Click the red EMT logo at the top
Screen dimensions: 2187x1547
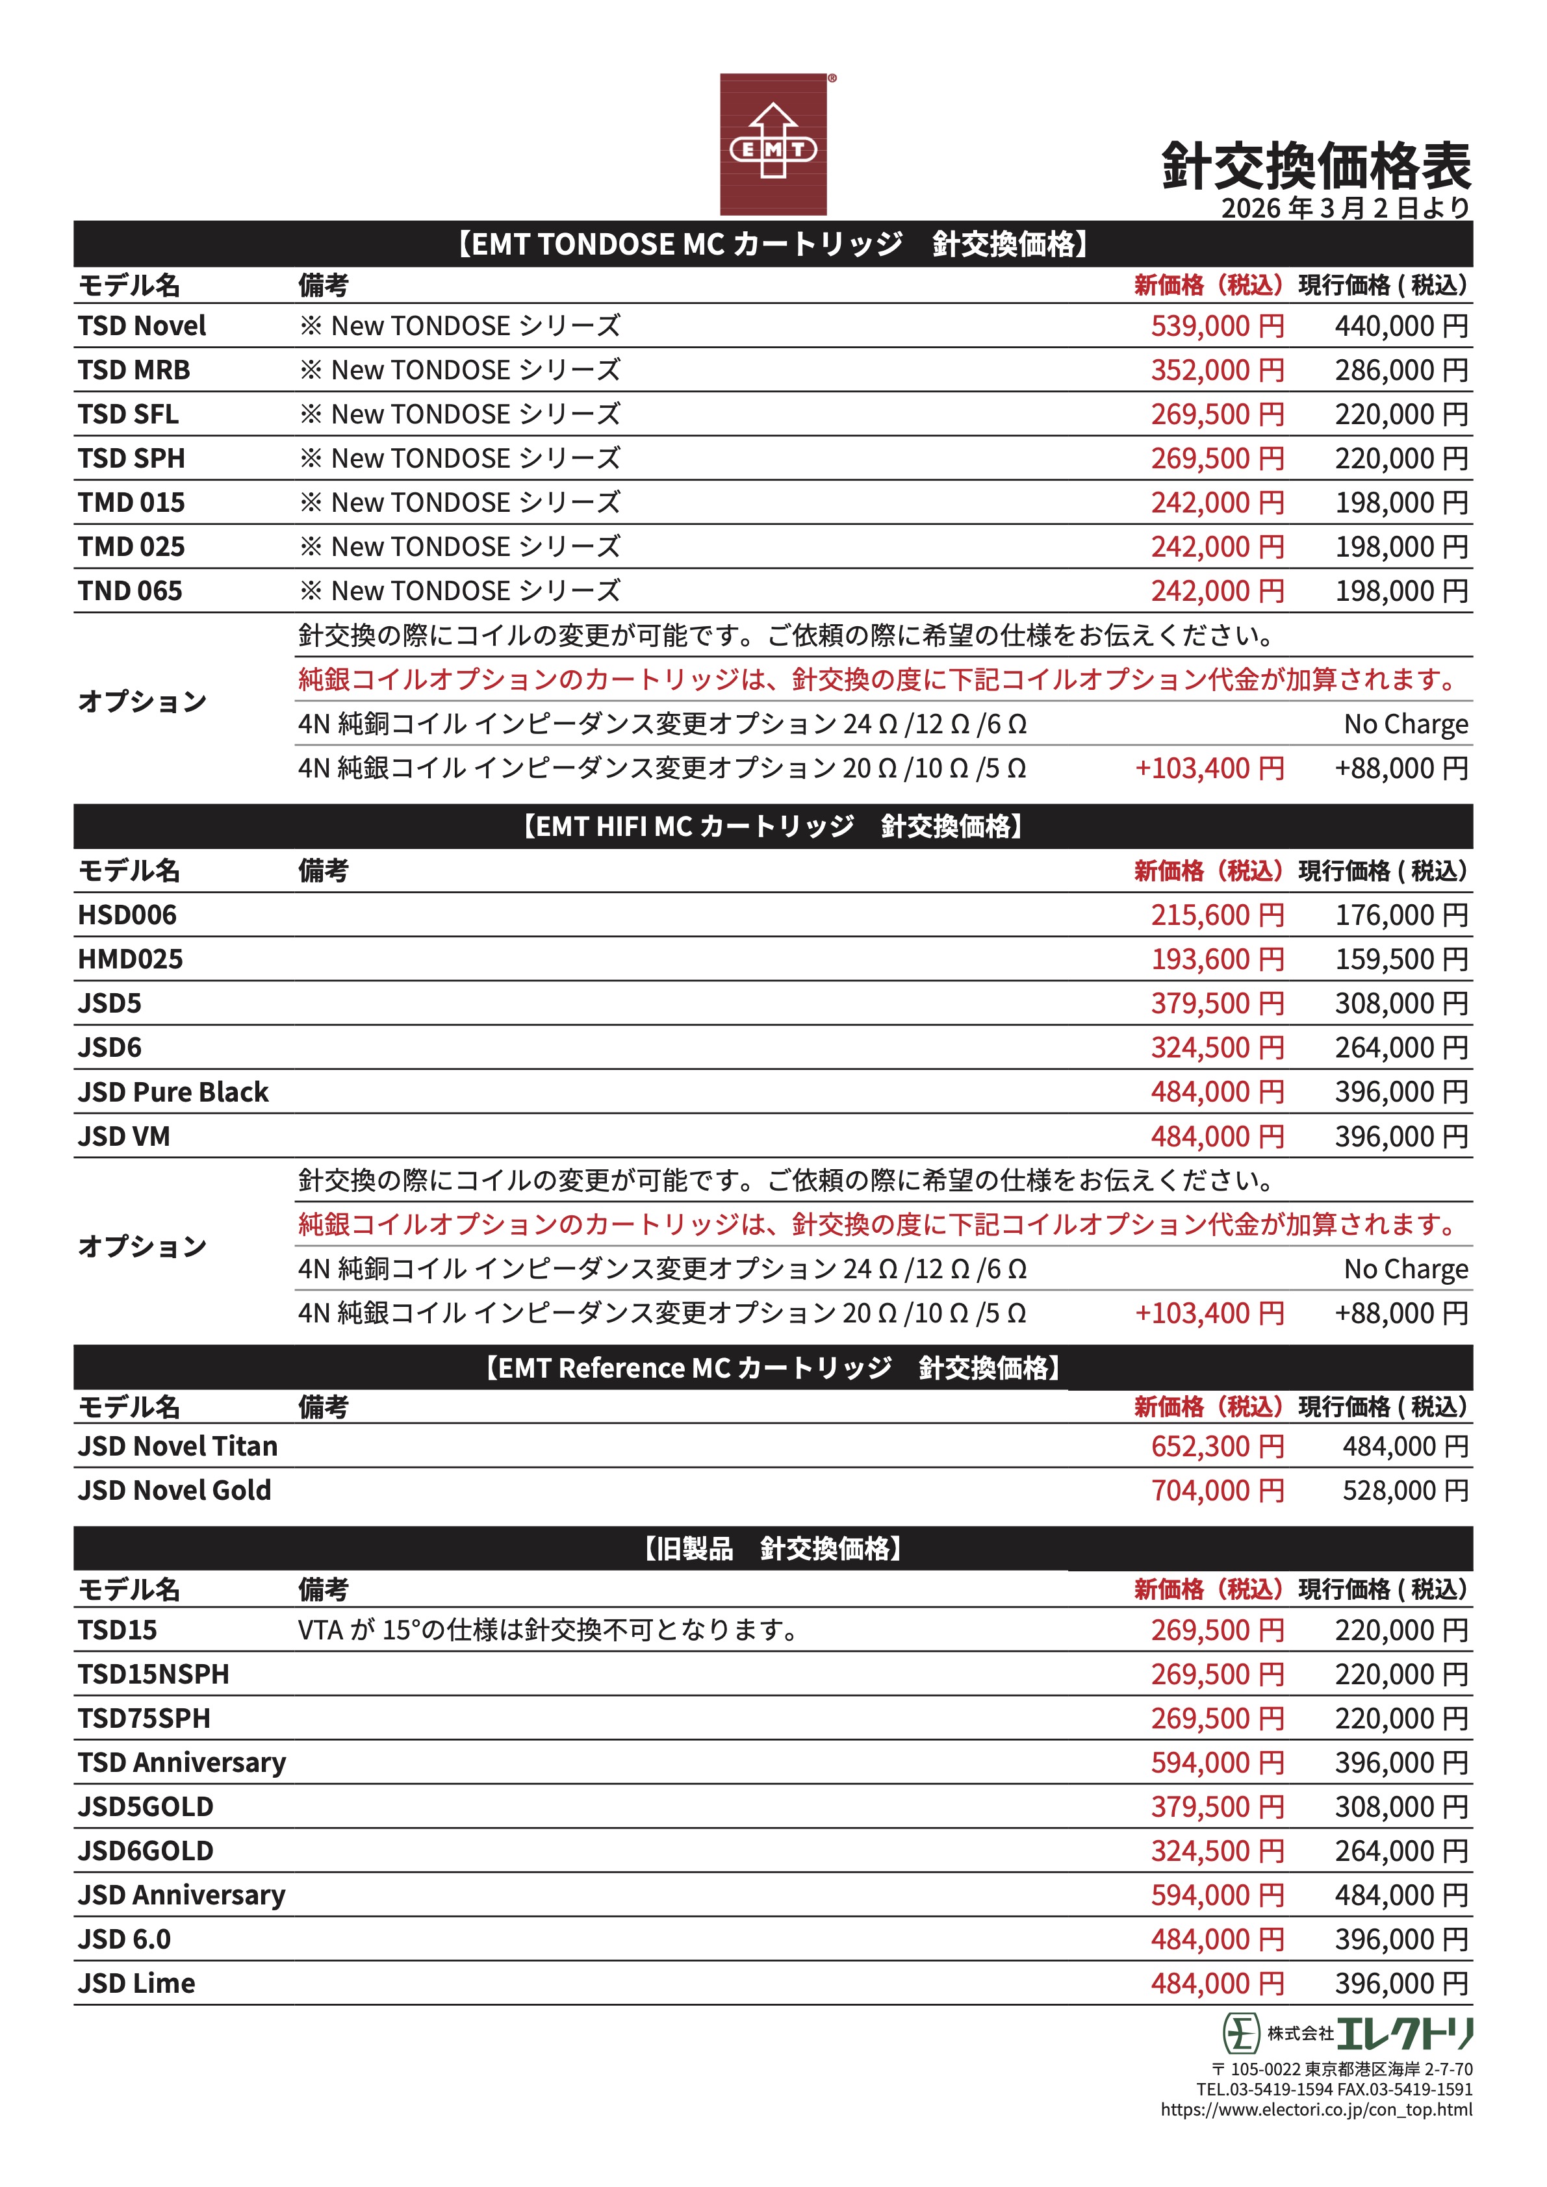pyautogui.click(x=773, y=144)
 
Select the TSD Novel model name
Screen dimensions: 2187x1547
pyautogui.click(x=142, y=326)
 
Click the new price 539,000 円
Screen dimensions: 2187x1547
pyautogui.click(x=1216, y=326)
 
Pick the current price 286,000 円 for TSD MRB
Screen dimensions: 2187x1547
pyautogui.click(x=1400, y=370)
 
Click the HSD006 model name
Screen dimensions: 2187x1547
pyautogui.click(x=127, y=915)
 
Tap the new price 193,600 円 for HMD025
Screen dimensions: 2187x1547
pyautogui.click(x=1216, y=959)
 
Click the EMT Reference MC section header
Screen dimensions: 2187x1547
pyautogui.click(x=773, y=1368)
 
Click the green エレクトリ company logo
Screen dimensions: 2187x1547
pyautogui.click(x=1347, y=2034)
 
